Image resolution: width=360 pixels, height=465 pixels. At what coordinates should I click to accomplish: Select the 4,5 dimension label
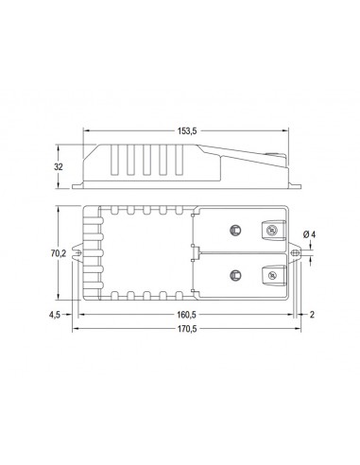point(56,315)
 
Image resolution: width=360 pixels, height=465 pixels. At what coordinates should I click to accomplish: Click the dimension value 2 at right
point(311,315)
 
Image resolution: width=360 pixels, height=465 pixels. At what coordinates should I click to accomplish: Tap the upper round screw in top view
point(234,230)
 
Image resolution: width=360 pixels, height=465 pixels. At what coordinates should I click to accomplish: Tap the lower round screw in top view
point(234,275)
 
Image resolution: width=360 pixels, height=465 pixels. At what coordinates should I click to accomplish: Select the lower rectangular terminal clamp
point(269,275)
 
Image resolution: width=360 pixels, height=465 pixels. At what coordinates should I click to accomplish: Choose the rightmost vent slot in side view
point(177,163)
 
